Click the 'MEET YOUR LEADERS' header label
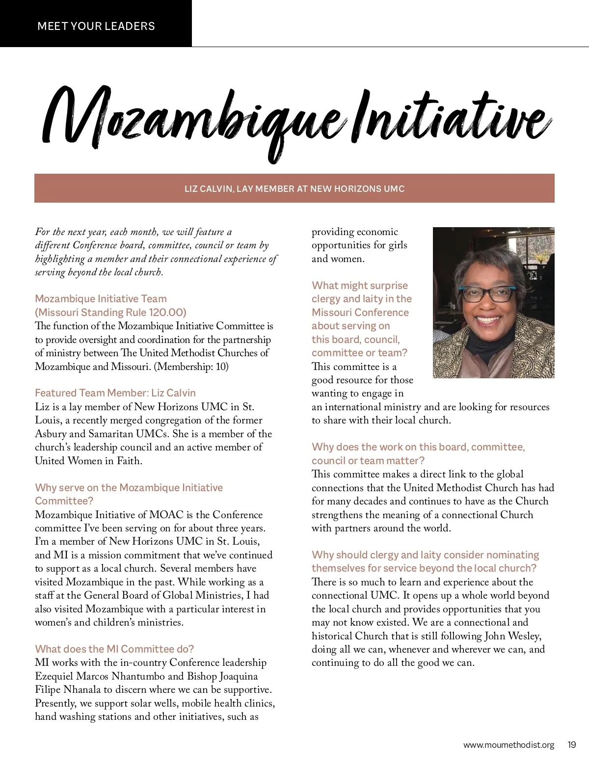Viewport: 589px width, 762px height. coord(96,26)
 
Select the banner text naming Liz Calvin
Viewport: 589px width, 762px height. coord(294,188)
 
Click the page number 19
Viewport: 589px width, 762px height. coord(572,745)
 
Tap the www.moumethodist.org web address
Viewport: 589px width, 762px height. coord(509,745)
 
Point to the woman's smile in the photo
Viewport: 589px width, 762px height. coord(487,320)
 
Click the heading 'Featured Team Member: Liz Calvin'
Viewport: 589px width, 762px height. coord(115,393)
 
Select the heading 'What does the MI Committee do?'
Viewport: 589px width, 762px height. coord(114,649)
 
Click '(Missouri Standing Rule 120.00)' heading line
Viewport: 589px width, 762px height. coord(111,312)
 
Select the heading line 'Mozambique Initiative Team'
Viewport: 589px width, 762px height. coord(101,298)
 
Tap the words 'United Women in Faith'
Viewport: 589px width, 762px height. coord(88,461)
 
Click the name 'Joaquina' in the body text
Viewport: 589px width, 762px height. coord(239,676)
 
